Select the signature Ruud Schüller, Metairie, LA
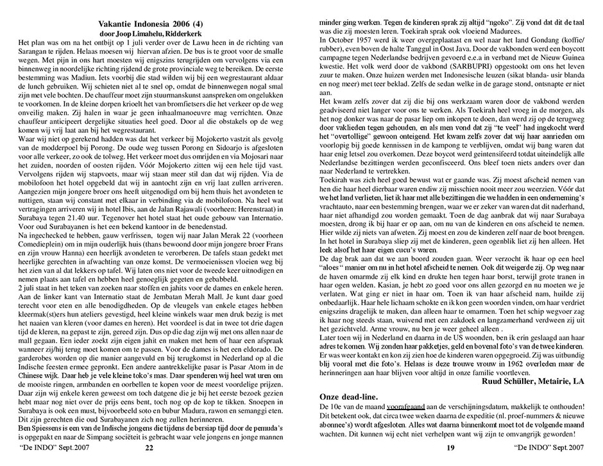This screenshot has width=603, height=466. pos(525,381)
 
